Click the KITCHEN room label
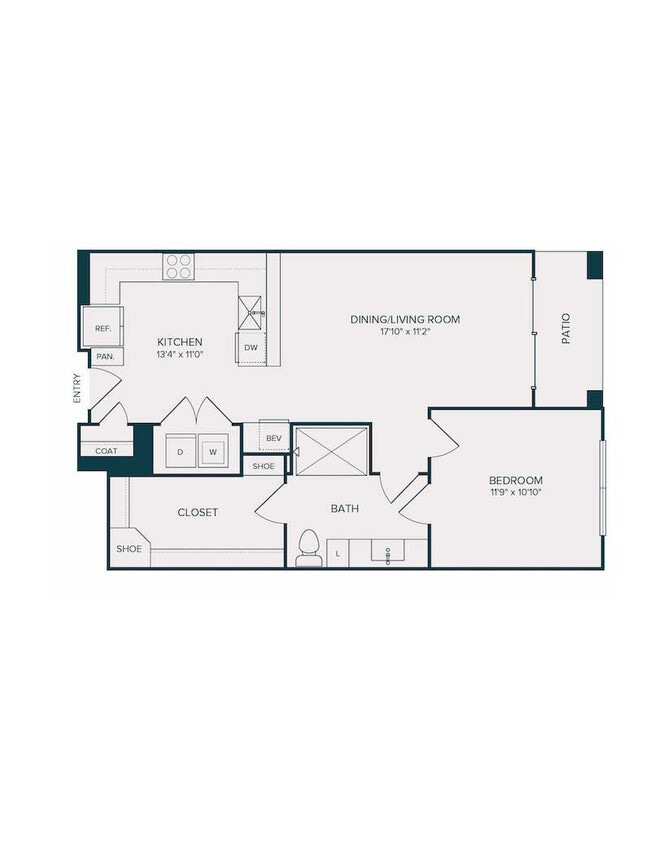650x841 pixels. point(180,341)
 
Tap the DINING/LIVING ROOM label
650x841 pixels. point(405,319)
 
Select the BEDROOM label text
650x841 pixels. point(516,479)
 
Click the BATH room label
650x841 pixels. point(345,509)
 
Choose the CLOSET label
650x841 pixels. point(198,512)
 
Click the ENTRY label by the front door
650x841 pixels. point(76,388)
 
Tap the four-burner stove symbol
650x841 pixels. point(179,266)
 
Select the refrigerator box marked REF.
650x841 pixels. point(102,327)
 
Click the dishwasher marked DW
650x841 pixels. point(251,348)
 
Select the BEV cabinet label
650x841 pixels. point(273,438)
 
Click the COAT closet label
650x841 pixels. point(106,451)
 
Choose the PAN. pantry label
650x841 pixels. point(104,356)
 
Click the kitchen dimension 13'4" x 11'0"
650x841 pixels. point(180,354)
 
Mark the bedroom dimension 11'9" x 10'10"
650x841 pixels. point(516,492)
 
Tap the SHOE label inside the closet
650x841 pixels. point(129,549)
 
